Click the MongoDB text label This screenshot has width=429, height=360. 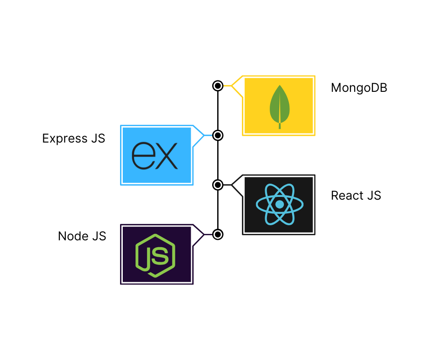pyautogui.click(x=359, y=88)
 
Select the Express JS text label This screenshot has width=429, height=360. pyautogui.click(x=73, y=138)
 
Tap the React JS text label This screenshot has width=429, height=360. pyautogui.click(x=356, y=196)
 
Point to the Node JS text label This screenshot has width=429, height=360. pyautogui.click(x=82, y=236)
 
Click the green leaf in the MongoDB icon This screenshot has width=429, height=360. pyautogui.click(x=279, y=106)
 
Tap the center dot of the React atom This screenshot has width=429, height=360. pyautogui.click(x=279, y=204)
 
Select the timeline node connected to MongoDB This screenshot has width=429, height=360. pyautogui.click(x=218, y=85)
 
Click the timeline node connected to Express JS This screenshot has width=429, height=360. pyautogui.click(x=218, y=135)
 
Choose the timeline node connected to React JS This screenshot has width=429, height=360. pyautogui.click(x=218, y=185)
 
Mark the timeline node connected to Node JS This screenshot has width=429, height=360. pyautogui.click(x=218, y=234)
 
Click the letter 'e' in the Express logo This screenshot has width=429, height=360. pyautogui.click(x=142, y=156)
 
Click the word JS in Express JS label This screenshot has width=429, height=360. pyautogui.click(x=97, y=138)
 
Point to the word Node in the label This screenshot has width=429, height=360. pyautogui.click(x=73, y=236)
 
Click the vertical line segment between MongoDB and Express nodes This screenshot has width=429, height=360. pyautogui.click(x=218, y=110)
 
